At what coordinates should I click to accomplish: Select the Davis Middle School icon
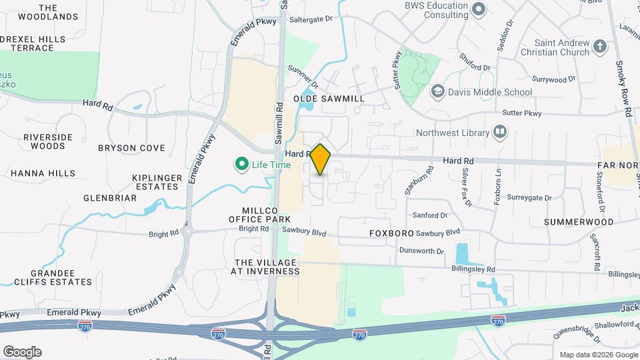click(x=438, y=92)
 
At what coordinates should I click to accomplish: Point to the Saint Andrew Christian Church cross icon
click(x=599, y=47)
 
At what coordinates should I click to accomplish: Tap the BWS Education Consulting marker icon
click(x=477, y=9)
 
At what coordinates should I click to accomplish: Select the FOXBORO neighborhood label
click(x=391, y=234)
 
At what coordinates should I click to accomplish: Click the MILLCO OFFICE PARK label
click(x=260, y=214)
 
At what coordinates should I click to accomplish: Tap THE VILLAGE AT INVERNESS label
click(x=265, y=267)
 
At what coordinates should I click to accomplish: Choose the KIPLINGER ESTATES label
click(x=157, y=182)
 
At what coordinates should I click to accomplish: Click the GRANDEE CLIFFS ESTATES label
click(x=61, y=279)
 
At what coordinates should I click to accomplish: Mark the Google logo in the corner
click(x=22, y=352)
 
